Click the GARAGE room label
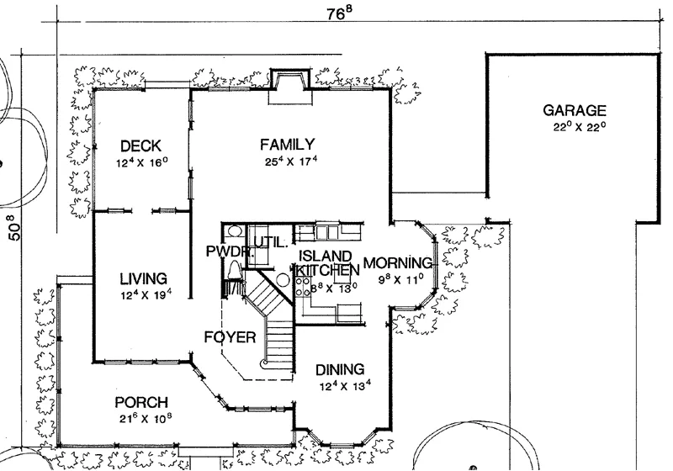(x=575, y=111)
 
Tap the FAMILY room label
(x=287, y=144)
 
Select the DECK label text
(x=140, y=146)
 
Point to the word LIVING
(x=143, y=279)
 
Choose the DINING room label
(x=340, y=370)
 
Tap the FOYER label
(x=230, y=337)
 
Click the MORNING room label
(x=398, y=262)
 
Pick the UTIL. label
(x=270, y=243)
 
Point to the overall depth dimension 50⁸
(x=14, y=227)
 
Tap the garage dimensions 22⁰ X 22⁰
(x=579, y=127)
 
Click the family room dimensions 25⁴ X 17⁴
(x=291, y=161)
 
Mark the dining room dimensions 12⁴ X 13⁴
(x=345, y=386)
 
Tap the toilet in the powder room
(x=235, y=270)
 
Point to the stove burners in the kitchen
(x=303, y=287)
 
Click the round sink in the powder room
(x=234, y=231)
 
